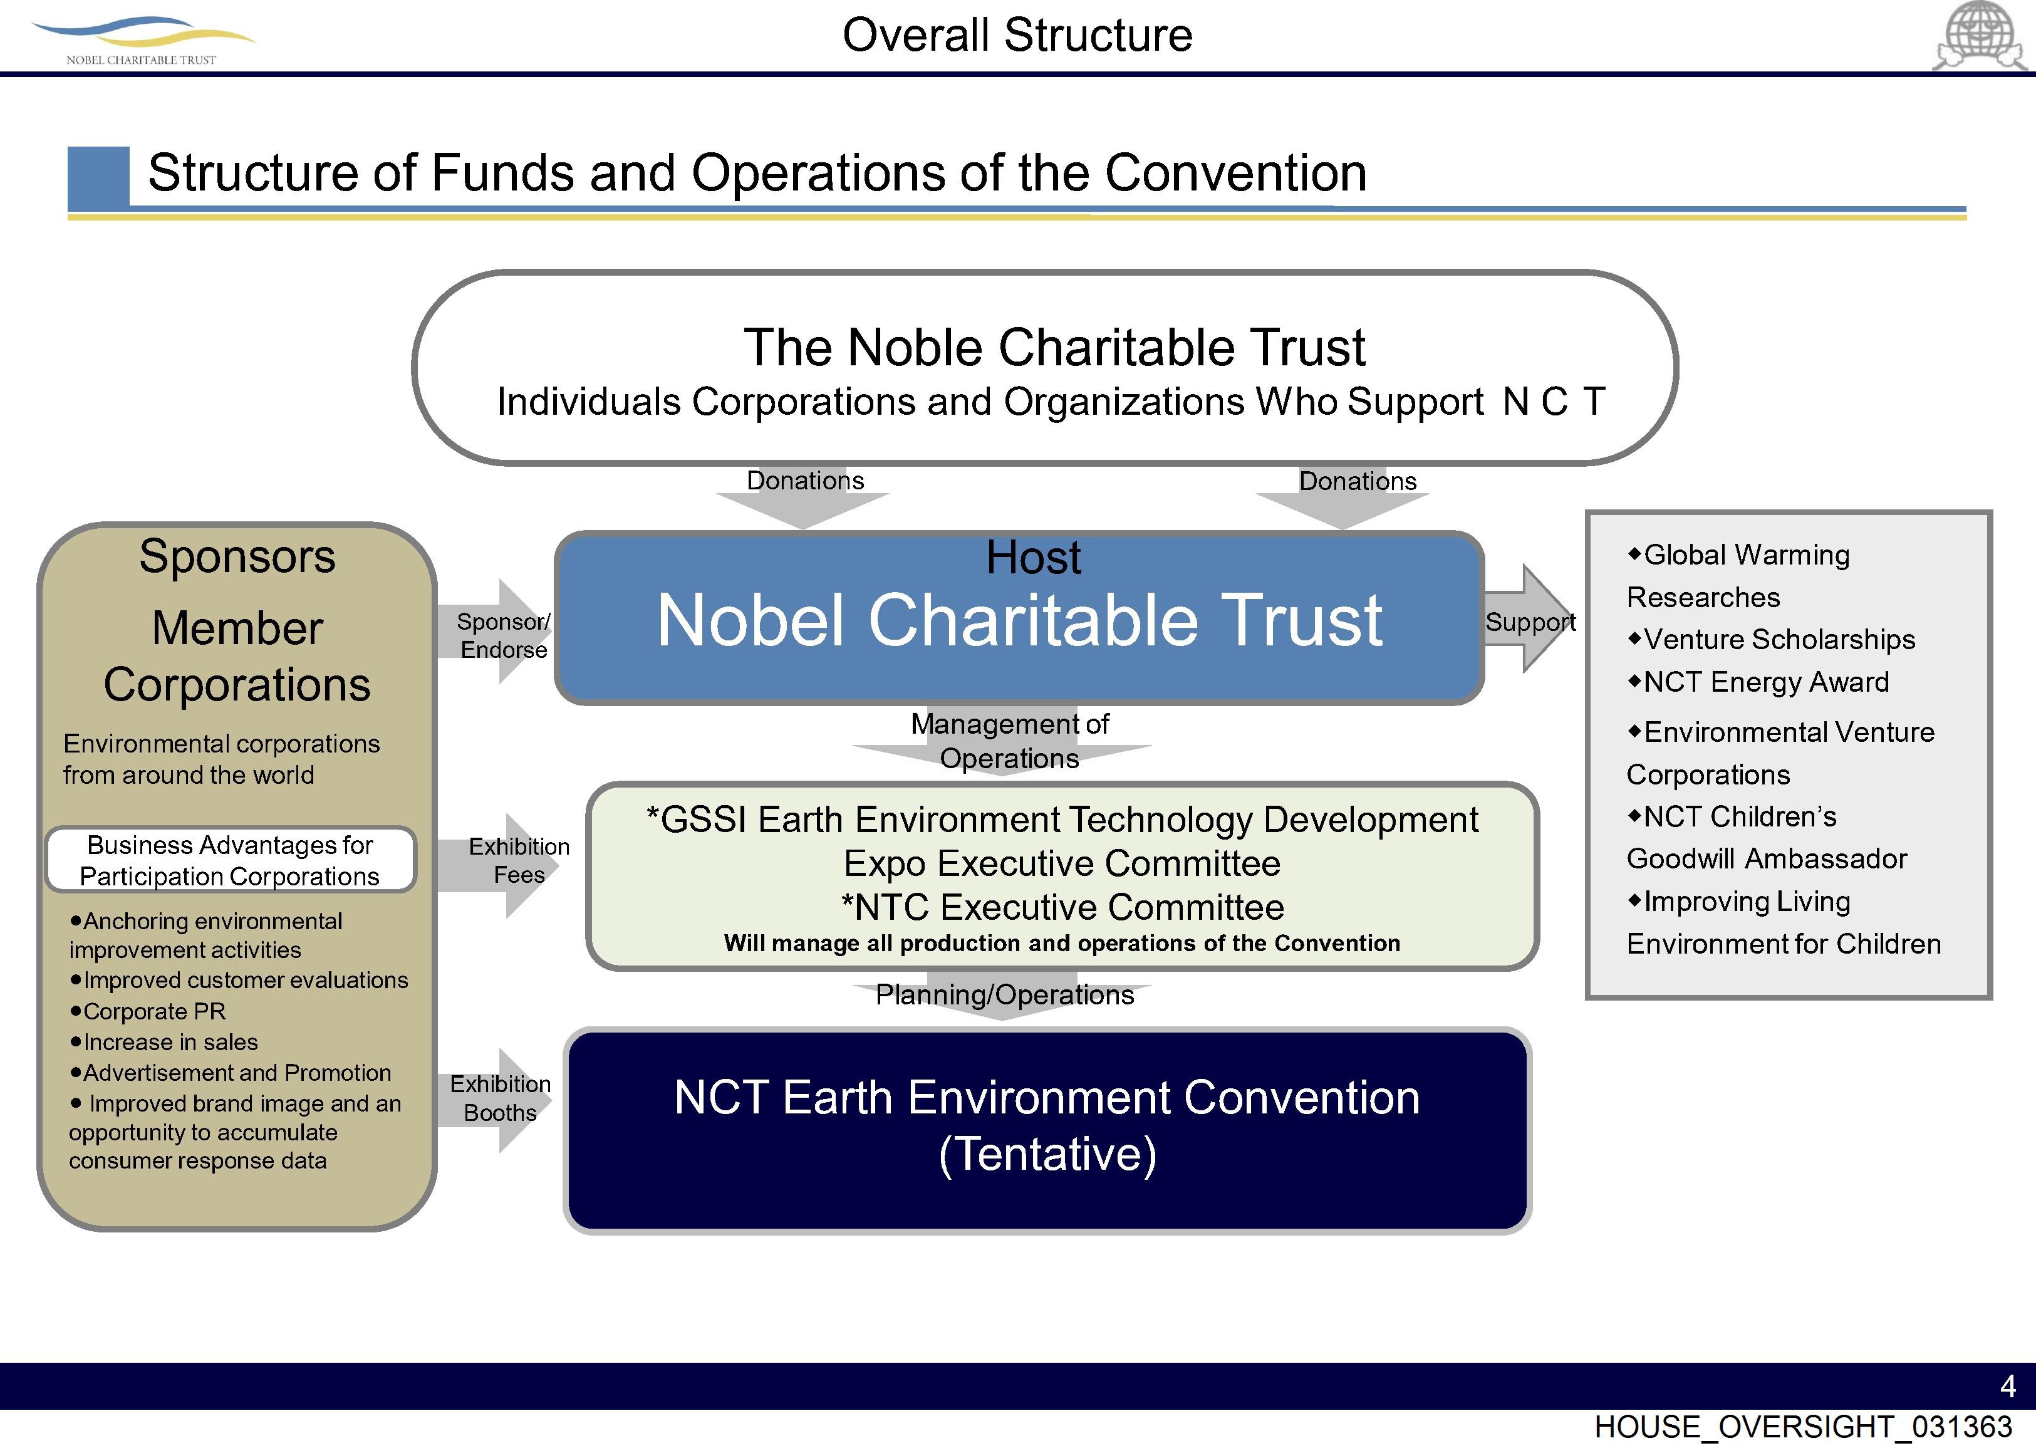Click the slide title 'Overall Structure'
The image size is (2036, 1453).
click(1017, 36)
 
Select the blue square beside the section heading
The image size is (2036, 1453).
click(98, 176)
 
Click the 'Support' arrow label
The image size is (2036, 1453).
click(1530, 622)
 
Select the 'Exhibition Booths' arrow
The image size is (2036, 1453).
click(500, 1099)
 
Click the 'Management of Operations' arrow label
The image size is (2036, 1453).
click(1009, 741)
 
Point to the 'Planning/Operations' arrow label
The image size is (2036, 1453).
click(1004, 995)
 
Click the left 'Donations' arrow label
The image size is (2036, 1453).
click(805, 481)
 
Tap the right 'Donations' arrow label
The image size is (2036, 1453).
click(1357, 481)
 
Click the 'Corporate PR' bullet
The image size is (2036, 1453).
click(154, 1012)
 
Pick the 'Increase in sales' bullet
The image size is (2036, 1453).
click(170, 1043)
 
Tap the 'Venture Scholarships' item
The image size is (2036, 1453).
click(1779, 640)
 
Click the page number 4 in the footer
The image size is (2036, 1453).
click(2007, 1387)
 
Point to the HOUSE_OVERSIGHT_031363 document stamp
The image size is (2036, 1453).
click(1802, 1428)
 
